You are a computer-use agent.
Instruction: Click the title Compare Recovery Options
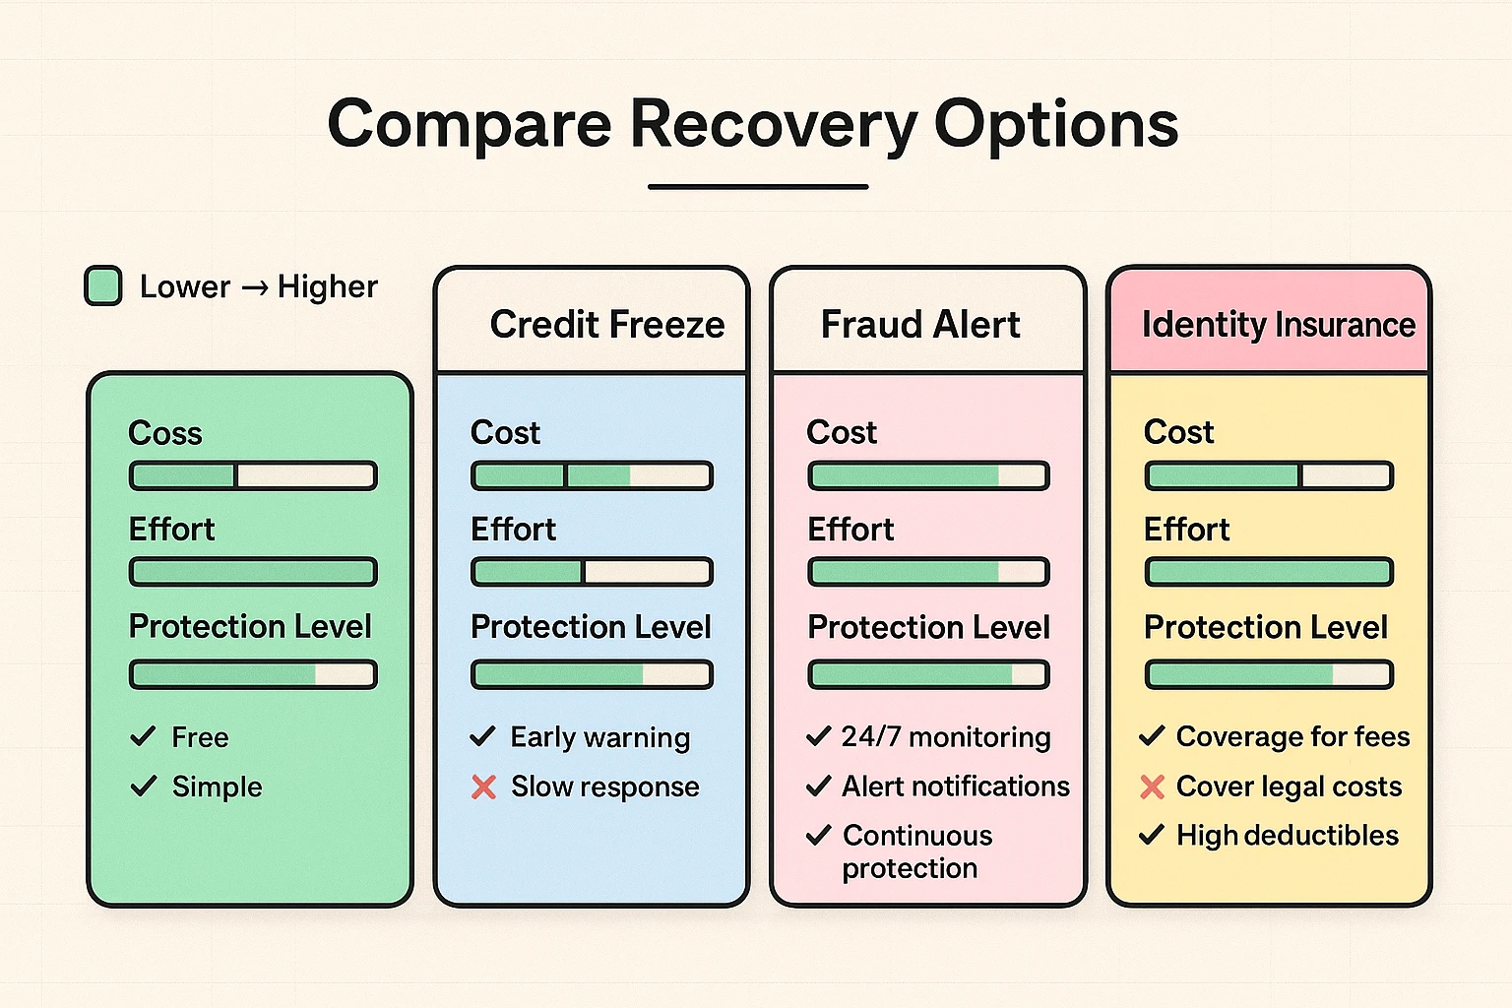[753, 124]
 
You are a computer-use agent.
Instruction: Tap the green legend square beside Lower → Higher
[103, 286]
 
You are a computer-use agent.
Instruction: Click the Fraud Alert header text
[920, 324]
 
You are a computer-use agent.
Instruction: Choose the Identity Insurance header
[1278, 324]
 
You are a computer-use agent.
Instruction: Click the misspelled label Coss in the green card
[165, 433]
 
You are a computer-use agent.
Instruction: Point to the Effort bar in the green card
[253, 572]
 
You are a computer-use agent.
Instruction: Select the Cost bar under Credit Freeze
[592, 476]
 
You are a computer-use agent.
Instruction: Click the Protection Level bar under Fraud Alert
[928, 674]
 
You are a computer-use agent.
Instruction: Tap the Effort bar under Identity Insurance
[1269, 572]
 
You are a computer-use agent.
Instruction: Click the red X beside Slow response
[483, 787]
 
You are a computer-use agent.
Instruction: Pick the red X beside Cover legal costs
[1152, 787]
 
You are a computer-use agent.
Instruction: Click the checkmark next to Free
[144, 736]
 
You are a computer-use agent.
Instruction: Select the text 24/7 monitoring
[946, 736]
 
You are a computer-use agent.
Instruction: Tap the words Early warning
[599, 737]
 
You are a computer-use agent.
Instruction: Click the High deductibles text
[1287, 836]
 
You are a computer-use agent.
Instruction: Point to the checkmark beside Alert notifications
[818, 787]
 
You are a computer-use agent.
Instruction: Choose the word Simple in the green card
[217, 787]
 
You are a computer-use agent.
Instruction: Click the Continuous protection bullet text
[915, 851]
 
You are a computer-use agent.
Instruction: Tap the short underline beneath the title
[758, 186]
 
